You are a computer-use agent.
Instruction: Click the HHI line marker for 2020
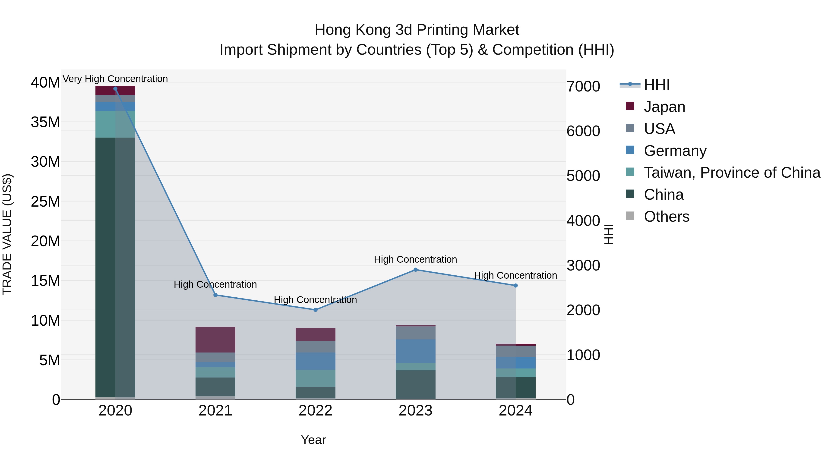pyautogui.click(x=115, y=89)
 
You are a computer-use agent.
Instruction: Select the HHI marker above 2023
pyautogui.click(x=415, y=270)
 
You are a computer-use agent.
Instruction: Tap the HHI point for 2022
pyautogui.click(x=315, y=310)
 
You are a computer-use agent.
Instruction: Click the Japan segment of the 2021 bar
pyautogui.click(x=215, y=340)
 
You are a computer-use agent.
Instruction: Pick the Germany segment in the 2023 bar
pyautogui.click(x=415, y=351)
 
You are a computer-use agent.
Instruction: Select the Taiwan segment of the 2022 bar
pyautogui.click(x=315, y=378)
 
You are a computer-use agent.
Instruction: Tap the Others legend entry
pyautogui.click(x=666, y=217)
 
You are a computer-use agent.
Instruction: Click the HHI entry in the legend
pyautogui.click(x=656, y=85)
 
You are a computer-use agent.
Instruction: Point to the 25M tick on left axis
pyautogui.click(x=45, y=202)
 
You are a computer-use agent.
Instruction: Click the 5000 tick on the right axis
pyautogui.click(x=583, y=176)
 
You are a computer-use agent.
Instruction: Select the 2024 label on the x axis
pyautogui.click(x=515, y=411)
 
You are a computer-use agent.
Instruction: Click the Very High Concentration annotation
pyautogui.click(x=115, y=79)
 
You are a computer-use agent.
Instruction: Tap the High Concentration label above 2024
pyautogui.click(x=515, y=275)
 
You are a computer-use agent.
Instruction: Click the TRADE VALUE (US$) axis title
pyautogui.click(x=7, y=234)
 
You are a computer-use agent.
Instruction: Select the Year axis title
pyautogui.click(x=313, y=440)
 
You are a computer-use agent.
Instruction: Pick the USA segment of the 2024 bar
pyautogui.click(x=515, y=352)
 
